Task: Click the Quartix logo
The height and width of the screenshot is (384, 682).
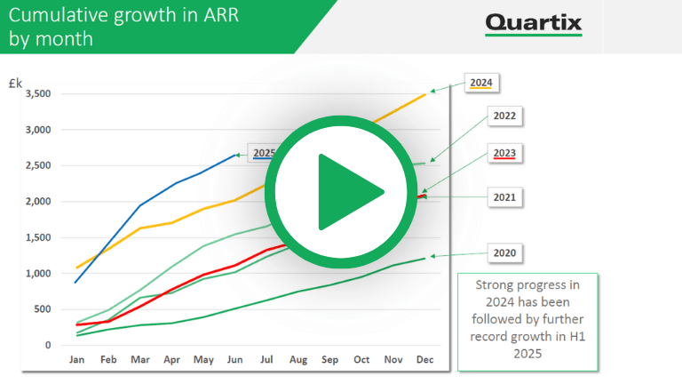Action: (x=534, y=24)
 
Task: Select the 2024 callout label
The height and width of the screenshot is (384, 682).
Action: (x=481, y=83)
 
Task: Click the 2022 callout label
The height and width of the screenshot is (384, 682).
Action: (x=504, y=116)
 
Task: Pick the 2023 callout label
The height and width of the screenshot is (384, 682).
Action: (x=504, y=153)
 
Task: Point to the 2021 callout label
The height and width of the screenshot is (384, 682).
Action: (x=504, y=197)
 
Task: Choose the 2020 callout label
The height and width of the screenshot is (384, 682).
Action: (x=504, y=253)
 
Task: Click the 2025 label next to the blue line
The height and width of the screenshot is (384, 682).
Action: (x=264, y=153)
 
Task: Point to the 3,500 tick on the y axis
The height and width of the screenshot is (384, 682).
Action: (x=38, y=93)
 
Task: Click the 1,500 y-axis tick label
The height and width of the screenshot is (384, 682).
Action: (x=38, y=237)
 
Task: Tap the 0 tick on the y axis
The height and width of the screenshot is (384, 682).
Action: (x=48, y=345)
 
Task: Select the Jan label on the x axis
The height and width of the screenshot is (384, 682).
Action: (x=76, y=360)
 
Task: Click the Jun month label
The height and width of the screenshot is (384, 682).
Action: (x=234, y=360)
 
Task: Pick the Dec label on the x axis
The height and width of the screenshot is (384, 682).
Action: (x=425, y=360)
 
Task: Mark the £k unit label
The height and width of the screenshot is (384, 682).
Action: (x=15, y=83)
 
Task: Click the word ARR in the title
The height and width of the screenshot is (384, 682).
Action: (x=221, y=15)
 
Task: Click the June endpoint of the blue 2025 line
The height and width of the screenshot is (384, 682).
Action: (x=235, y=155)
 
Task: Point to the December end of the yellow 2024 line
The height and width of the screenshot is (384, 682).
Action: (x=425, y=94)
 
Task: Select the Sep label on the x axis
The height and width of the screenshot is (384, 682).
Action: (x=329, y=360)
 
